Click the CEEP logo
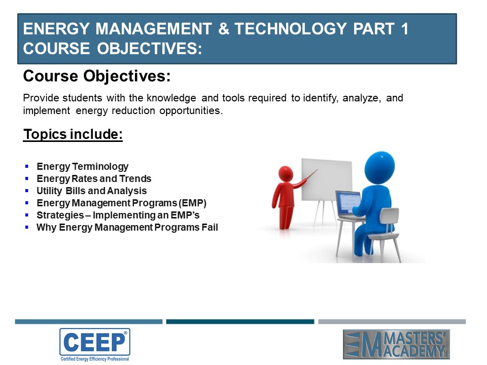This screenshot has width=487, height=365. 95,345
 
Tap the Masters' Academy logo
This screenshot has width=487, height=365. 396,344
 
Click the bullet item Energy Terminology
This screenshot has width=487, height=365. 82,167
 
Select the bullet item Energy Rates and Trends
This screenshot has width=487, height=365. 94,179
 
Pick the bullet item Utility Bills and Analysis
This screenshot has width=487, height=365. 92,191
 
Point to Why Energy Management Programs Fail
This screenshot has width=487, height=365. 127,228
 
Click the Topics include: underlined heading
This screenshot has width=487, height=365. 73,134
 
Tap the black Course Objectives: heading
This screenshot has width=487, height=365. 97,76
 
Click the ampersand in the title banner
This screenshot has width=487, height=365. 224,29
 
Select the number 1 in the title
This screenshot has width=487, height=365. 404,29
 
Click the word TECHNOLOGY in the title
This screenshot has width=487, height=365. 290,29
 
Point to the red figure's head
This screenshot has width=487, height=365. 286,174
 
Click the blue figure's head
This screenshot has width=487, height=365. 379,168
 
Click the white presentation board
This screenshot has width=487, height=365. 327,180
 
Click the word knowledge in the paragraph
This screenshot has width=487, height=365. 171,98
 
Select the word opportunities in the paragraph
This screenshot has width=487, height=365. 191,111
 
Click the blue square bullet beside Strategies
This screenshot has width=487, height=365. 27,215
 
